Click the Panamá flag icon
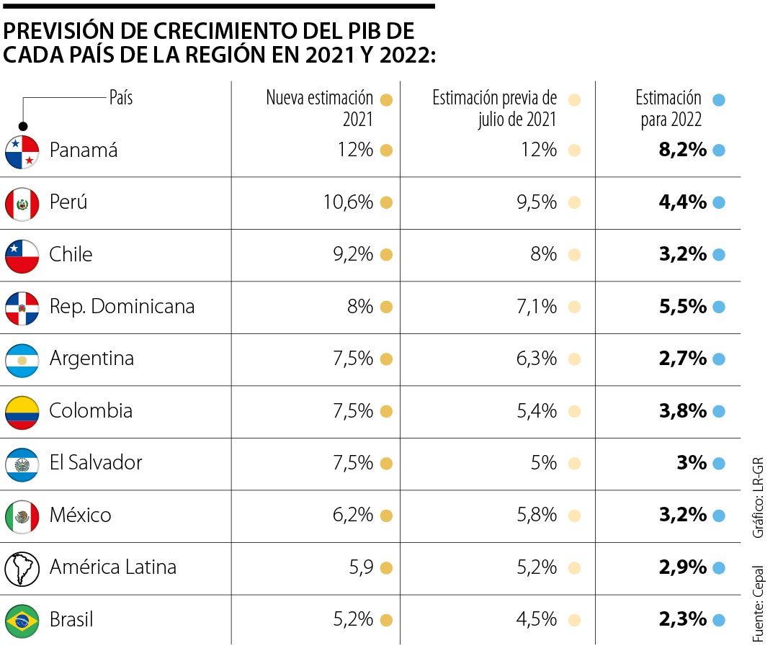(x=22, y=151)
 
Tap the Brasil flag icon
(x=22, y=620)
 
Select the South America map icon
(x=22, y=568)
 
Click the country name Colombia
(x=91, y=411)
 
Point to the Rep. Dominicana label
(x=122, y=307)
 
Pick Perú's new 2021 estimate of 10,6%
(x=348, y=202)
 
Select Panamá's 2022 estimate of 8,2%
(x=682, y=150)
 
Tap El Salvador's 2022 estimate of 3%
(x=692, y=463)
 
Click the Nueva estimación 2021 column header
(x=320, y=108)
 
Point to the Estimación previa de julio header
(x=495, y=108)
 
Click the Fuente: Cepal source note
(x=758, y=603)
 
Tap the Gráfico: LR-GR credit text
(x=758, y=497)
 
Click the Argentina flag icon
(x=22, y=359)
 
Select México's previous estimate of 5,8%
(x=537, y=515)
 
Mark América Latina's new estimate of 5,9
(x=361, y=567)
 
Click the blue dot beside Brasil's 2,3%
(x=718, y=620)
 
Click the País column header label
(x=121, y=97)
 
